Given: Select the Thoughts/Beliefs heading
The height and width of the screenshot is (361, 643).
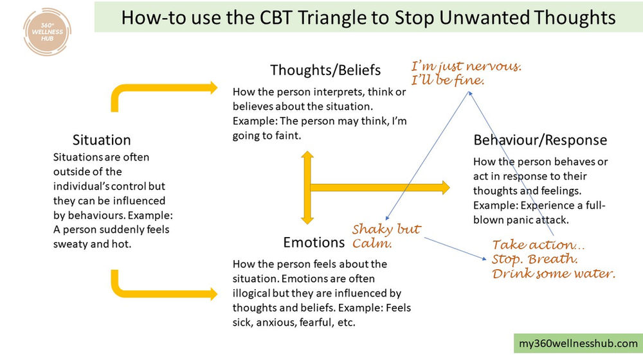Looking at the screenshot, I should (325, 70).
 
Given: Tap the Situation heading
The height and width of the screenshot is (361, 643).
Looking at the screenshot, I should (102, 140).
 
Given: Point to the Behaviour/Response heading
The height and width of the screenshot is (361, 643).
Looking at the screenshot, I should (540, 140).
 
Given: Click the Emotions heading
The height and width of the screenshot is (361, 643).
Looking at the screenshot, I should (314, 243).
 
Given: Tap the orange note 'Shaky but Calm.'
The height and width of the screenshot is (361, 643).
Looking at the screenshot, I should (386, 236).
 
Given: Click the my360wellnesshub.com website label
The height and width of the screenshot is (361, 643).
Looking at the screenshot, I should (578, 344).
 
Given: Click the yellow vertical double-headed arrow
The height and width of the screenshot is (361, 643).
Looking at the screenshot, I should (307, 188).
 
